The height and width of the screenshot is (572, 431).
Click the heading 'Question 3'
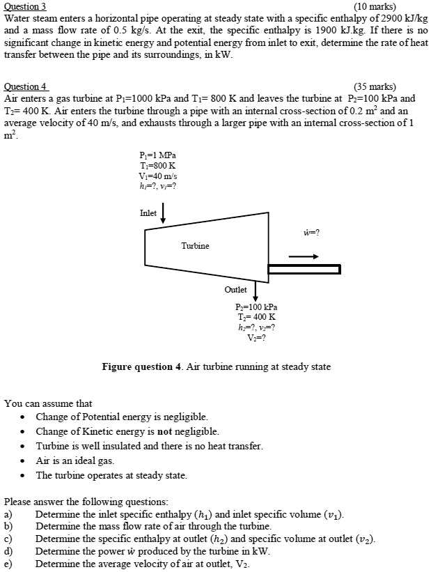[25, 6]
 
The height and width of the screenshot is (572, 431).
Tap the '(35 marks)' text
[375, 87]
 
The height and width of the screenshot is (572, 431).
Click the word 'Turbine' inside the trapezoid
[195, 246]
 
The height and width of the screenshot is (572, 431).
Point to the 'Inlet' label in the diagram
[148, 213]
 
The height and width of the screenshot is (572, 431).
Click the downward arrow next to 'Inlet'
[164, 213]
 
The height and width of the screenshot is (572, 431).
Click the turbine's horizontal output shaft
[304, 269]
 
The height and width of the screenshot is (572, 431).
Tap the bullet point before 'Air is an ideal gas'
[24, 461]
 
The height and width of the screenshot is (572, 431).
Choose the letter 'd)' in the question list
[9, 551]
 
